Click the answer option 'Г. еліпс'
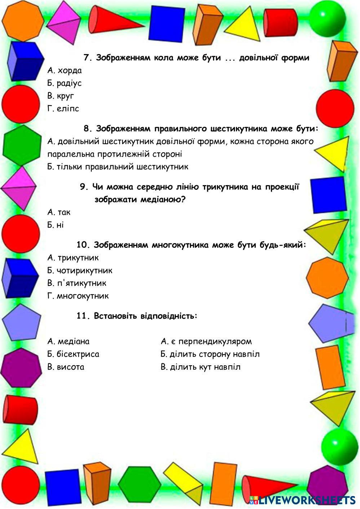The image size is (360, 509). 63,108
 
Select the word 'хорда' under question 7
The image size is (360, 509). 70,70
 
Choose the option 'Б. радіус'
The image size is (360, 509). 65,83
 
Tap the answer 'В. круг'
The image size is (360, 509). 61,96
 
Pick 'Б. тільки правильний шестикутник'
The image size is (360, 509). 118,167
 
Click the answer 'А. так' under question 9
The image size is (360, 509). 59,212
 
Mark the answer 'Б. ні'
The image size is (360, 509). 55,225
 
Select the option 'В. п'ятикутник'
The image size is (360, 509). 77,283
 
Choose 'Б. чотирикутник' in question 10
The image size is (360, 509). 80,271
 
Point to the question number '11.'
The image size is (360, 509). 82,316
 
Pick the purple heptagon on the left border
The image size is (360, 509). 20,367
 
